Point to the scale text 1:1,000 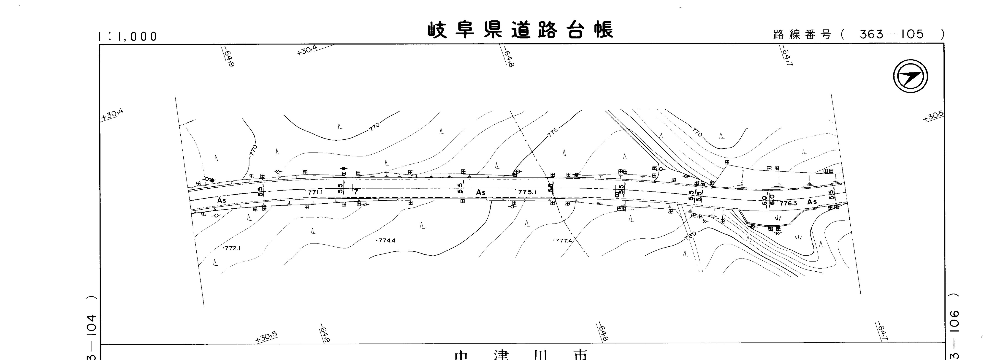click(x=127, y=37)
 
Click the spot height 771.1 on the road click(x=315, y=192)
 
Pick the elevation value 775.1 click(x=528, y=192)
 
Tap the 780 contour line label click(x=691, y=235)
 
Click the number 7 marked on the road click(x=356, y=192)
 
